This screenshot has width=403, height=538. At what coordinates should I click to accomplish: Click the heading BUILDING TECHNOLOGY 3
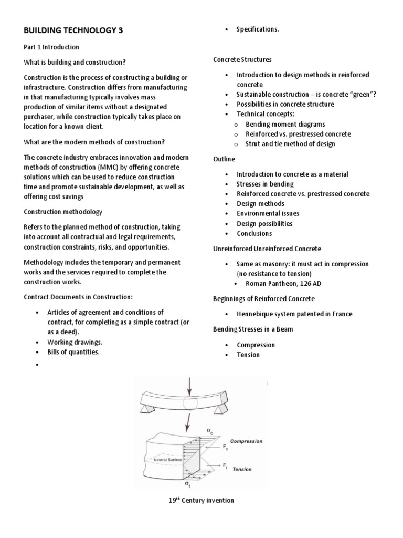pyautogui.click(x=73, y=30)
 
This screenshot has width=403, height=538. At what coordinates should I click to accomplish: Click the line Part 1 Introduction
pyautogui.click(x=51, y=47)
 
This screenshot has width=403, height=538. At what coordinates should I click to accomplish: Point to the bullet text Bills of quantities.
pyautogui.click(x=73, y=352)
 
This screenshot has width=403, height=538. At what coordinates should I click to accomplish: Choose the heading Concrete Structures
pyautogui.click(x=242, y=60)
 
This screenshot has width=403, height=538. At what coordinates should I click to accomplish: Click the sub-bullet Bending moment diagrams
pyautogui.click(x=285, y=124)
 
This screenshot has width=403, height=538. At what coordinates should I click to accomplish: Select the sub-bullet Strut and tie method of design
pyautogui.click(x=290, y=144)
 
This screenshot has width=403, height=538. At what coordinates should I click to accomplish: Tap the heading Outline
pyautogui.click(x=224, y=159)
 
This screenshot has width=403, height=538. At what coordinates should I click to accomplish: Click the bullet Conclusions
pyautogui.click(x=254, y=233)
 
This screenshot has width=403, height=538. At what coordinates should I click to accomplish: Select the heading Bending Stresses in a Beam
pyautogui.click(x=252, y=329)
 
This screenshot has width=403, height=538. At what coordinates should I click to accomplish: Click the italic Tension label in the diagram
pyautogui.click(x=242, y=469)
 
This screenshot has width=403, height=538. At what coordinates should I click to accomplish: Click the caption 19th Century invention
pyautogui.click(x=201, y=501)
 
